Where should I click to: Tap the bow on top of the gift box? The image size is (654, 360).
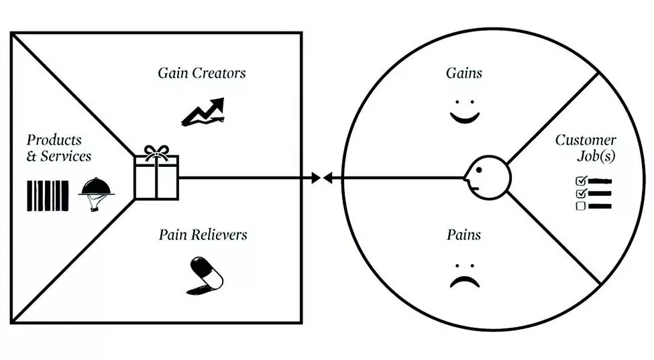pos(157,151)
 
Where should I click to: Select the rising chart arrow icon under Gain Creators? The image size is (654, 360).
pos(203,111)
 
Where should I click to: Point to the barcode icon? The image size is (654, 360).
pos(48,196)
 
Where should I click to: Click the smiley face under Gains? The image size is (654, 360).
pos(464,113)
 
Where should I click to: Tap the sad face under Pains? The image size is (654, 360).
pos(464,276)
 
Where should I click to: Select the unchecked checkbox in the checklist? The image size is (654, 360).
pos(581,206)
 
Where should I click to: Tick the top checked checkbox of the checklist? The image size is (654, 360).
pos(581,181)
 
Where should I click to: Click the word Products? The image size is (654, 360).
pos(54,140)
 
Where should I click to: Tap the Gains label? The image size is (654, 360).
pos(464,72)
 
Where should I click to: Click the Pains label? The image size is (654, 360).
pos(464,235)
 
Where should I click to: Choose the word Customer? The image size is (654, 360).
pos(585,140)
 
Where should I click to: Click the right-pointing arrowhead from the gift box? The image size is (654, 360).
pos(315,178)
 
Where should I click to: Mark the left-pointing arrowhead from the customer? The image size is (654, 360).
pos(328,178)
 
